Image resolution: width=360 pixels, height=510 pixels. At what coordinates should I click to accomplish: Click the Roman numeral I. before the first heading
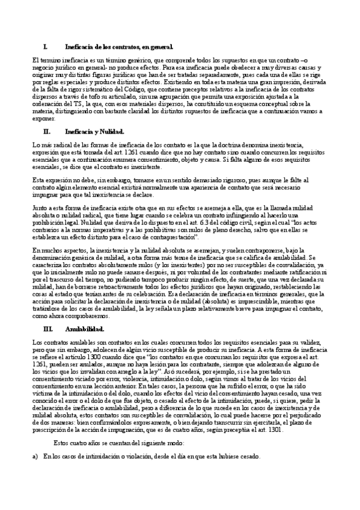46,46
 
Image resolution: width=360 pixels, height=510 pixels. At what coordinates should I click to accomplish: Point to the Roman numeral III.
49,330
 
